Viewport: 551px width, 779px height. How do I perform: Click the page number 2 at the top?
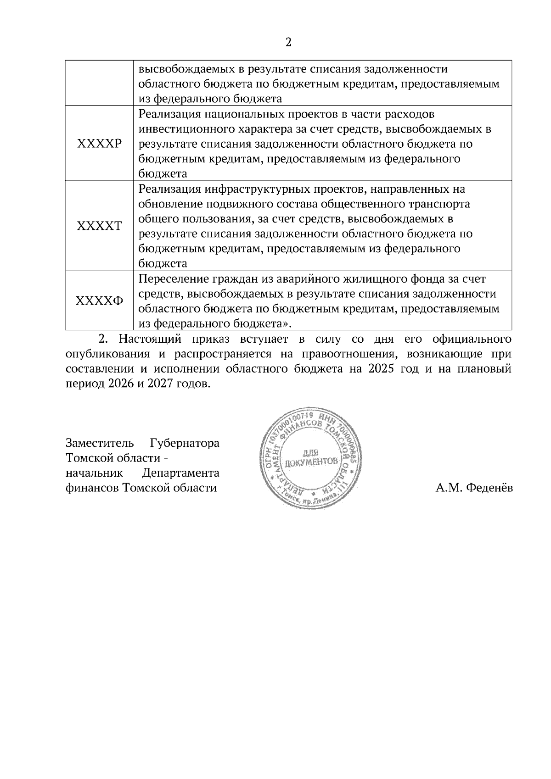click(x=288, y=43)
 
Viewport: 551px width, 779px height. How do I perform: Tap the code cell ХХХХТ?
click(x=99, y=226)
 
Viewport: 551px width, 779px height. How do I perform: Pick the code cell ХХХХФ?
click(x=99, y=301)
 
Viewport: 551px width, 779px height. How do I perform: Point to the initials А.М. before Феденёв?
click(x=449, y=488)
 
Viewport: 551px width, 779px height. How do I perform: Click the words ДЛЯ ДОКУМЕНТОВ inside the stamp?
click(x=311, y=457)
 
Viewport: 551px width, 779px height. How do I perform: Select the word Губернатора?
click(x=185, y=444)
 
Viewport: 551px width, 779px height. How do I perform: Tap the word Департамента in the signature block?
click(x=181, y=473)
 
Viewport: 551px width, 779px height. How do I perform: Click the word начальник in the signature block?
click(x=94, y=473)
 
